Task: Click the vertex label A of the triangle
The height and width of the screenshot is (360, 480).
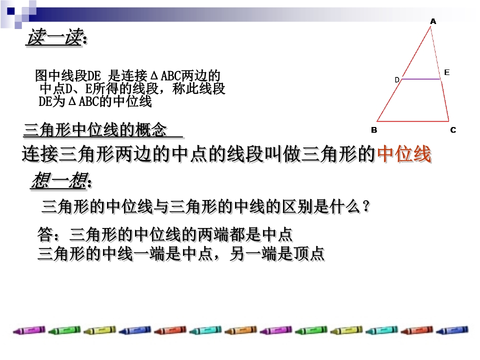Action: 433,21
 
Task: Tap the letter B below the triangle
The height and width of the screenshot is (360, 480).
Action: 374,130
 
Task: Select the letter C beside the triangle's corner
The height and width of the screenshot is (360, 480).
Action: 453,130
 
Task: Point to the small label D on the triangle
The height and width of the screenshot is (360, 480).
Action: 396,80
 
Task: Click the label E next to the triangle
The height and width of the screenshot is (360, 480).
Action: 446,72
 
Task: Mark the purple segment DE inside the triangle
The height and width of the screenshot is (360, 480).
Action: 420,79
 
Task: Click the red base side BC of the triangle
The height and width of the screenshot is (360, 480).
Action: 413,121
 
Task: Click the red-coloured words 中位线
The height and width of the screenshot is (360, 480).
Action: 404,153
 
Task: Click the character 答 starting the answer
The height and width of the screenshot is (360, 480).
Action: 45,234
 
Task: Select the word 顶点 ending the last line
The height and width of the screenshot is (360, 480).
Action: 309,254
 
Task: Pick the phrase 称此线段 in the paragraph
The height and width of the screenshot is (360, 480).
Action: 198,88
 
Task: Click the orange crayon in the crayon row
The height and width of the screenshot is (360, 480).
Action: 240,330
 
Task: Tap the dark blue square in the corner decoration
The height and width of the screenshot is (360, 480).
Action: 11,11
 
